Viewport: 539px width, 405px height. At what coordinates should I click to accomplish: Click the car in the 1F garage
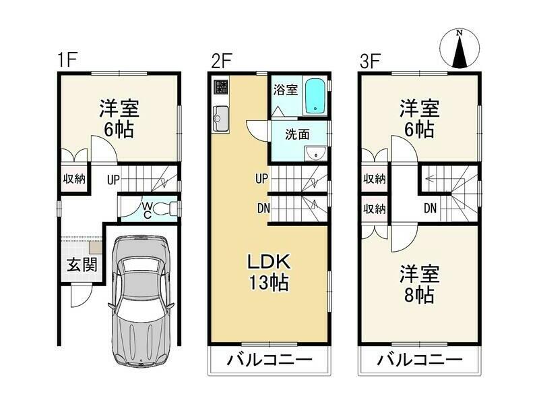pos(141,301)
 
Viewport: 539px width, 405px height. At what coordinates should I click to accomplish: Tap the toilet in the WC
pos(164,209)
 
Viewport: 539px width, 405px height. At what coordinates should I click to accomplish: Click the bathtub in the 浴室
pos(315,96)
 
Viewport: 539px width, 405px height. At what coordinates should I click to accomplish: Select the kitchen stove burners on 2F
pos(221,87)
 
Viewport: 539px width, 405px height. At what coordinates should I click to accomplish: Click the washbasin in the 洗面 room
pos(316,153)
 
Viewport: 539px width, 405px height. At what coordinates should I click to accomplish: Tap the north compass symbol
pos(459,48)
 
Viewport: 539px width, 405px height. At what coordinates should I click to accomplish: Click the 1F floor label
pos(67,60)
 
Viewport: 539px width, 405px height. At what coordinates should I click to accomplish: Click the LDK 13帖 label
pos(269,273)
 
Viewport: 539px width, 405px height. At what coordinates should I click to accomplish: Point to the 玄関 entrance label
pos(82,265)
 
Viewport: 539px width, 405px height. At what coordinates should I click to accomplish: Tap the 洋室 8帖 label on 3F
pos(419,284)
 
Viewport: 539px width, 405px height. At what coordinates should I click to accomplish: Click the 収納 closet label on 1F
pos(74,179)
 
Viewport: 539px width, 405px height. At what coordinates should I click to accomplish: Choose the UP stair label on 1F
pos(113,180)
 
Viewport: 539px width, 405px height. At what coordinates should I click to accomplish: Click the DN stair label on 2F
pos(263,209)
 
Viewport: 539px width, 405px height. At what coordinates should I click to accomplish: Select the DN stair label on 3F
pos(430,208)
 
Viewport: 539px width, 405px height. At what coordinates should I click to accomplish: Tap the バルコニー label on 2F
pos(269,360)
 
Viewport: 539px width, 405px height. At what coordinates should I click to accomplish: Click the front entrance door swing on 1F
pos(82,296)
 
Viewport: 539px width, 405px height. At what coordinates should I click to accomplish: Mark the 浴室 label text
pos(286,90)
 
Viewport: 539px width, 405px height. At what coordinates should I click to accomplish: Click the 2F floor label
pos(222,61)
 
